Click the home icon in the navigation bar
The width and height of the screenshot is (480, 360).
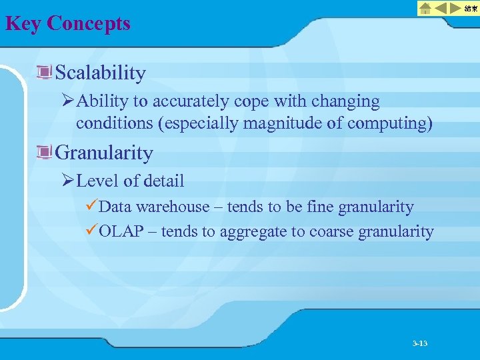425,8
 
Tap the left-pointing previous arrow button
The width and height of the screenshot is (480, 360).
441,8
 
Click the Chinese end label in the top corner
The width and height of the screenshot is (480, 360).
471,8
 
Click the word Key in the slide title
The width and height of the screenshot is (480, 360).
23,23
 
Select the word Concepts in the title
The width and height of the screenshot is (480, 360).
89,23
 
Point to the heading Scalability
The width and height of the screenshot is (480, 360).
101,72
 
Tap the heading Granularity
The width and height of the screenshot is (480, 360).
104,153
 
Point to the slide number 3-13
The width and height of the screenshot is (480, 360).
420,343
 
